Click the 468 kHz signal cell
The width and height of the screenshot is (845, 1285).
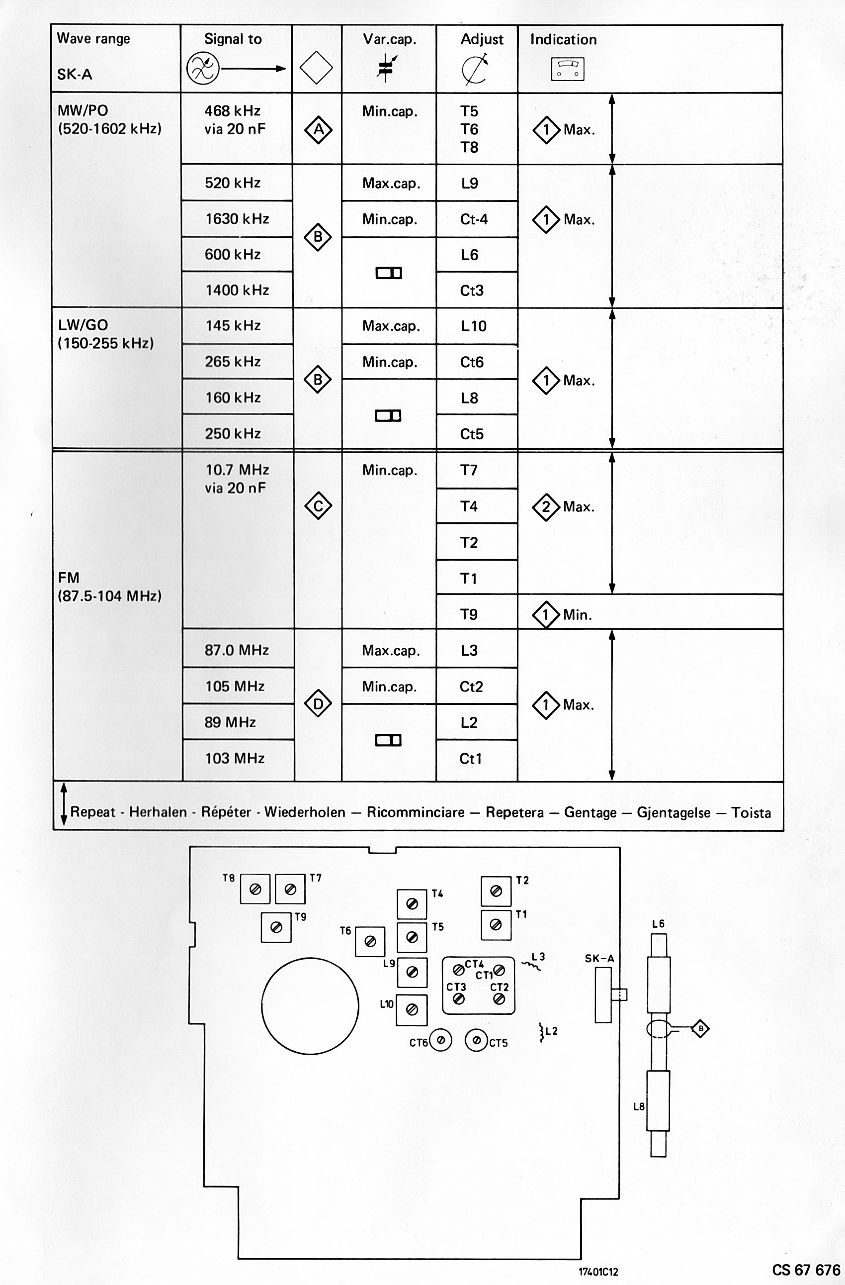[235, 119]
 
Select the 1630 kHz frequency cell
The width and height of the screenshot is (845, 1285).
[237, 219]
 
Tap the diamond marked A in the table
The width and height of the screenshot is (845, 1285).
[318, 129]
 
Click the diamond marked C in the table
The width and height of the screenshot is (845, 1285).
[318, 506]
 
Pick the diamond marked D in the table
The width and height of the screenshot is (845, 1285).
[318, 703]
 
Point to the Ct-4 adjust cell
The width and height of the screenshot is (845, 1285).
[474, 219]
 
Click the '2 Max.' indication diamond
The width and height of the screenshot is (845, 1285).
[546, 506]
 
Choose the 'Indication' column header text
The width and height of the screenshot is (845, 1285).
[563, 39]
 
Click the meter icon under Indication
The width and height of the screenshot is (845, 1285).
[568, 69]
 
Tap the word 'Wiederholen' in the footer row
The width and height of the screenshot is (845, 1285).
[304, 812]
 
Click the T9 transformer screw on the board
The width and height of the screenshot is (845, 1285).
[276, 927]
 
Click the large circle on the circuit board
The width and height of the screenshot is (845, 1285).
[310, 1006]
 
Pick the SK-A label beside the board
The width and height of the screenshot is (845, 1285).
[599, 958]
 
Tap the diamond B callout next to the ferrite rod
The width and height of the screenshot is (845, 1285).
[700, 1028]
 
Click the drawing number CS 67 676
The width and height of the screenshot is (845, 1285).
[806, 1270]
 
